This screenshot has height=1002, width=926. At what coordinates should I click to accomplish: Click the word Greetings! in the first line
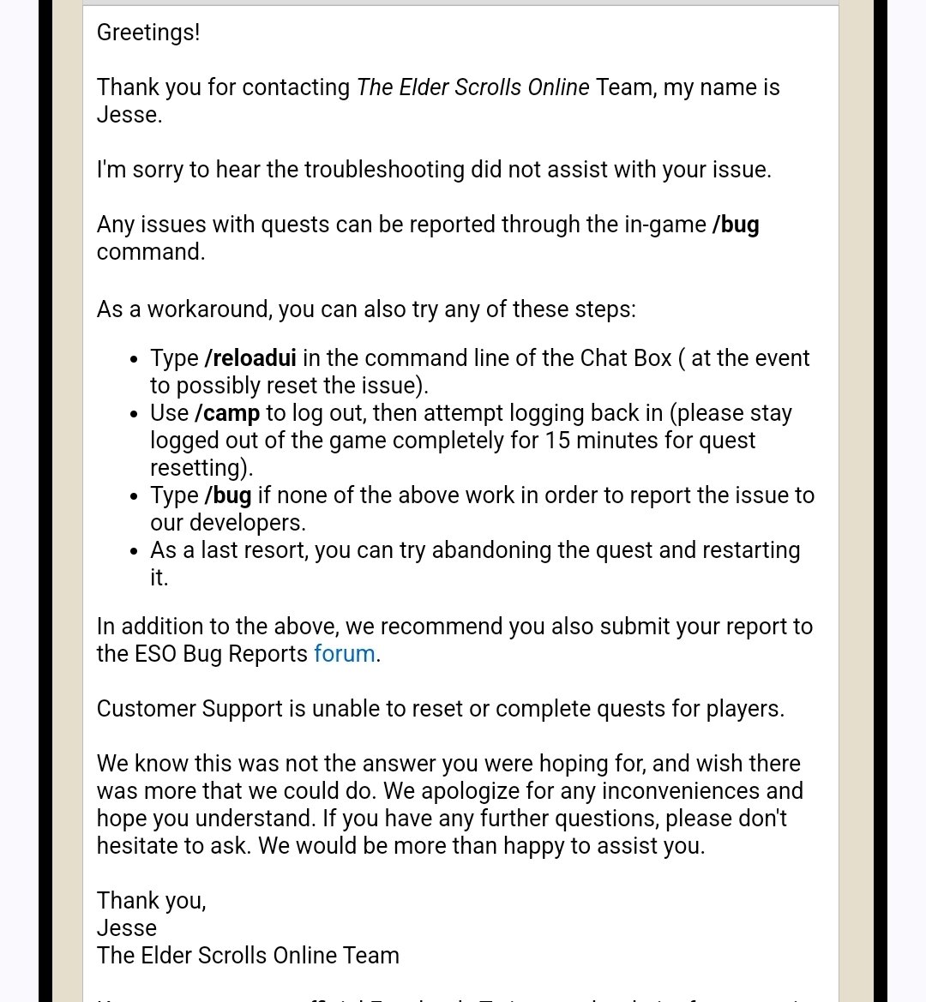click(147, 33)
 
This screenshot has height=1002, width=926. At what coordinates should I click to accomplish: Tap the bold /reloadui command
click(250, 358)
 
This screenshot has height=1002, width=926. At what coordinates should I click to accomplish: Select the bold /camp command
click(227, 413)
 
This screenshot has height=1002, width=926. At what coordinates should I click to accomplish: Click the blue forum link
click(345, 654)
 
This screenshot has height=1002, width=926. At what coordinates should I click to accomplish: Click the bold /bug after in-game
click(736, 225)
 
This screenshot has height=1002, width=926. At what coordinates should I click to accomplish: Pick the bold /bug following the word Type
click(228, 495)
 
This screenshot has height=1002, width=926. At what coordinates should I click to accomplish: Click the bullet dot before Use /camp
click(133, 415)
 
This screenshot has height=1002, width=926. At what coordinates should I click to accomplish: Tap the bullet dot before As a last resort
click(133, 552)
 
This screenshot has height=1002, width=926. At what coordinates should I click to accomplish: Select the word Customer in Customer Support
click(147, 709)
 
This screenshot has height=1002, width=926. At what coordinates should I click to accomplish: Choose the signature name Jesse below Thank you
click(127, 928)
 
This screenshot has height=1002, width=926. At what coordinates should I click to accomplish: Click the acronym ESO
click(155, 654)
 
